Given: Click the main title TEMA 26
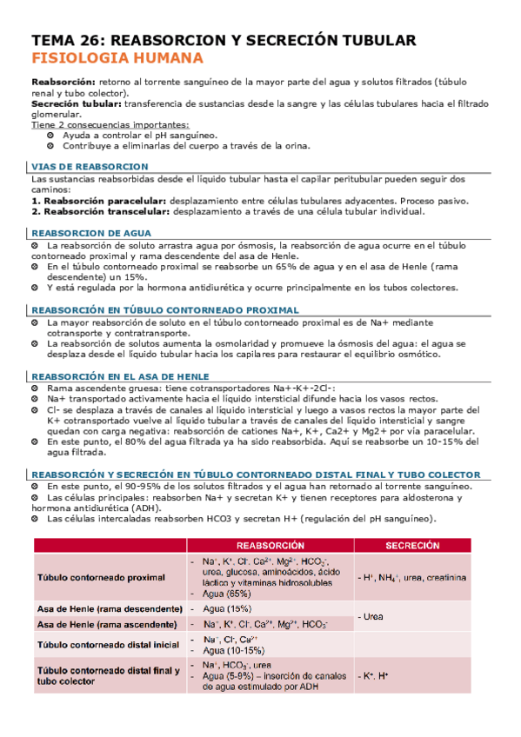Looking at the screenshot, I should [224, 40].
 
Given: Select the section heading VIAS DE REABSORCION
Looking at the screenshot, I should [90, 166].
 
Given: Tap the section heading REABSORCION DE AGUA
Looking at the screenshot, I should [91, 233].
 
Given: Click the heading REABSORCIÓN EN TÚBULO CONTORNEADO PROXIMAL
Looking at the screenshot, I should [165, 309].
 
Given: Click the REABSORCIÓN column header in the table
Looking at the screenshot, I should [270, 545].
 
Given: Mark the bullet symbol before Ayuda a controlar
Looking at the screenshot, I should [49, 136].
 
